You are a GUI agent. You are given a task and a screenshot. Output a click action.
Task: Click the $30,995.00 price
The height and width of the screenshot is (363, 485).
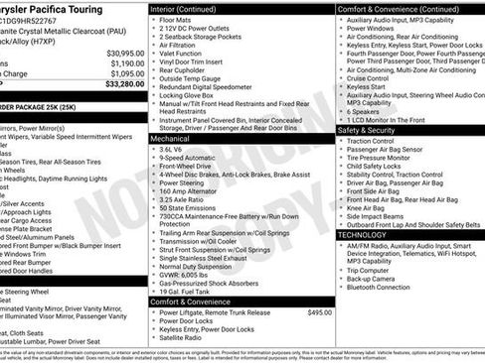click(x=124, y=53)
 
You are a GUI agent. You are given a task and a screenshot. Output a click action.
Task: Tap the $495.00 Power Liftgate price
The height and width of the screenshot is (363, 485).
click(x=319, y=311)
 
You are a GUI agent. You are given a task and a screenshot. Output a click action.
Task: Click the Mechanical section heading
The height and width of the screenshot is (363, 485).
click(x=173, y=139)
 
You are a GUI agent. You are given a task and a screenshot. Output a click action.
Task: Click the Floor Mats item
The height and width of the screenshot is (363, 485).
click(x=180, y=19)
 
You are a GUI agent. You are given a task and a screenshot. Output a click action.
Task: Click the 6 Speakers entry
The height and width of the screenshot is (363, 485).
click(x=367, y=111)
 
